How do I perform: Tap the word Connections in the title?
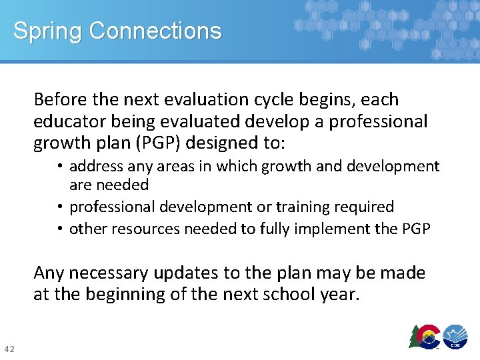click(x=155, y=31)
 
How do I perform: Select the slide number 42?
click(x=10, y=349)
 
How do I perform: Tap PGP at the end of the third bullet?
click(x=417, y=229)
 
